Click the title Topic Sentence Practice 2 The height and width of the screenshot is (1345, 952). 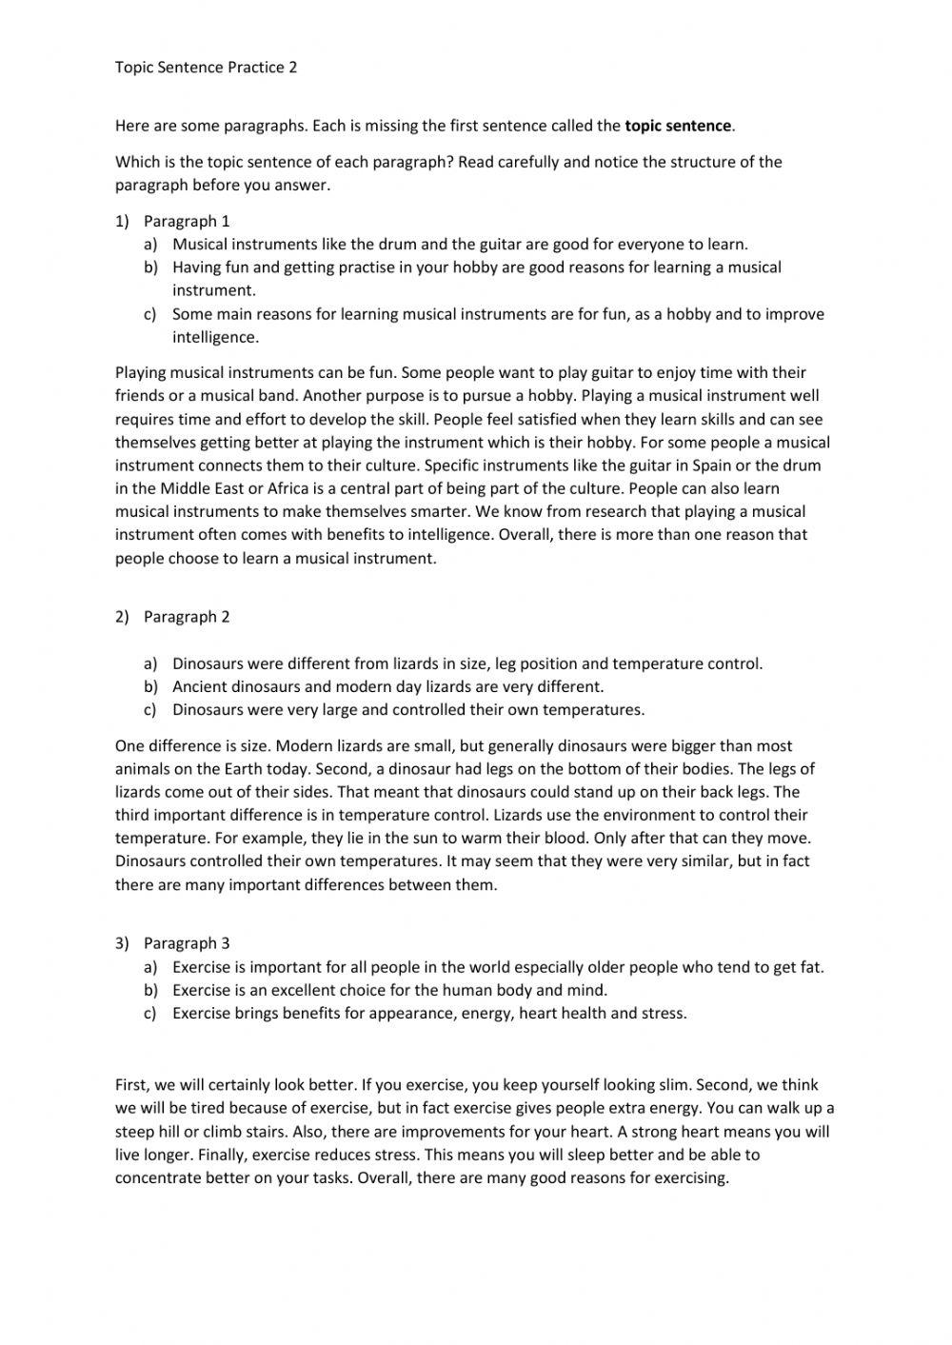tap(206, 68)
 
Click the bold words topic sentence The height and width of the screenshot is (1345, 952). tap(678, 126)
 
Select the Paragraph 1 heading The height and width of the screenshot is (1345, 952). tap(187, 221)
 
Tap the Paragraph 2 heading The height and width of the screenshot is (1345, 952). tap(187, 616)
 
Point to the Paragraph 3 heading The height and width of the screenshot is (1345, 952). tap(187, 943)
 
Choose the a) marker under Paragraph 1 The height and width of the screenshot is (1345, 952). tap(150, 245)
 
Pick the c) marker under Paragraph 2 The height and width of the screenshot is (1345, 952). tap(150, 709)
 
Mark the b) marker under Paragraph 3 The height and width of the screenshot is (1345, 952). tap(150, 990)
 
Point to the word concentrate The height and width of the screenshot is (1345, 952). tap(159, 1178)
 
